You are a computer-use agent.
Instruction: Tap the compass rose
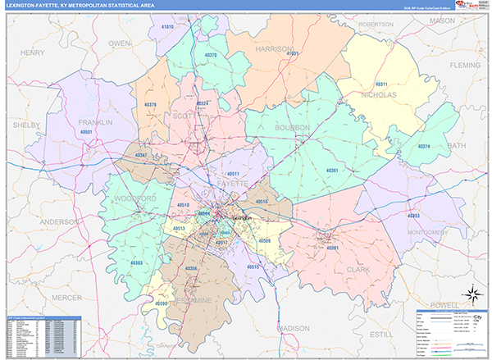pos(472,294)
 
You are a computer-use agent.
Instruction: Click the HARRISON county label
pos(274,49)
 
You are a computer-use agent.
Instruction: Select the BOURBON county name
pos(292,128)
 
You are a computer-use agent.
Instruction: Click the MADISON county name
pos(293,327)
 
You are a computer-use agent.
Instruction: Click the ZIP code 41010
pos(168,27)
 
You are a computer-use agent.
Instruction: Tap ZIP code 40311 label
pos(381,84)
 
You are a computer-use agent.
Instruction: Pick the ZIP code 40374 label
pos(424,146)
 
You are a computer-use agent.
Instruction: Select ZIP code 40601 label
pos(88,131)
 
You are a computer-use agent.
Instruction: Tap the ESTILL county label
pos(380,334)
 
